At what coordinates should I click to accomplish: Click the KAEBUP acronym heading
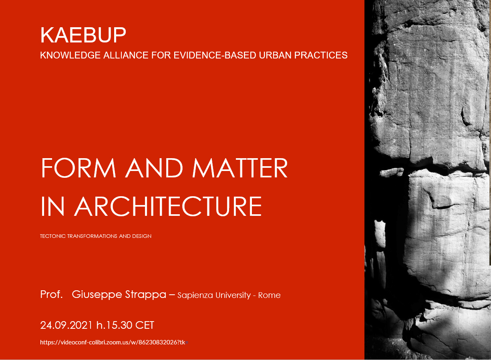click(x=83, y=35)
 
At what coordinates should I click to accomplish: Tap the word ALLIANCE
click(x=126, y=55)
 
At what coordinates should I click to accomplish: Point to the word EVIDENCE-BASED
click(x=215, y=55)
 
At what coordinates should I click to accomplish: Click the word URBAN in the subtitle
click(x=275, y=55)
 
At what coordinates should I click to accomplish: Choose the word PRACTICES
click(x=321, y=55)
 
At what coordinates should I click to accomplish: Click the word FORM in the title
click(x=78, y=168)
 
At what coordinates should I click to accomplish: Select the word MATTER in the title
click(x=240, y=168)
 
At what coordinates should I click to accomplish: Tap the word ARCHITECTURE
click(x=168, y=206)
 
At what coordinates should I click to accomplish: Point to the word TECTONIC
click(x=53, y=236)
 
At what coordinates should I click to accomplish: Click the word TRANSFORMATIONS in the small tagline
click(x=92, y=236)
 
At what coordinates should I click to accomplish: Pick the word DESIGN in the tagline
click(x=142, y=236)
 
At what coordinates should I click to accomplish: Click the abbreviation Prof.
click(x=52, y=294)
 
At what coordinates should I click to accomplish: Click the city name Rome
click(x=269, y=296)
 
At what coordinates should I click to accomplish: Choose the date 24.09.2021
click(x=66, y=326)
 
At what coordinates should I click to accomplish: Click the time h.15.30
click(x=114, y=326)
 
